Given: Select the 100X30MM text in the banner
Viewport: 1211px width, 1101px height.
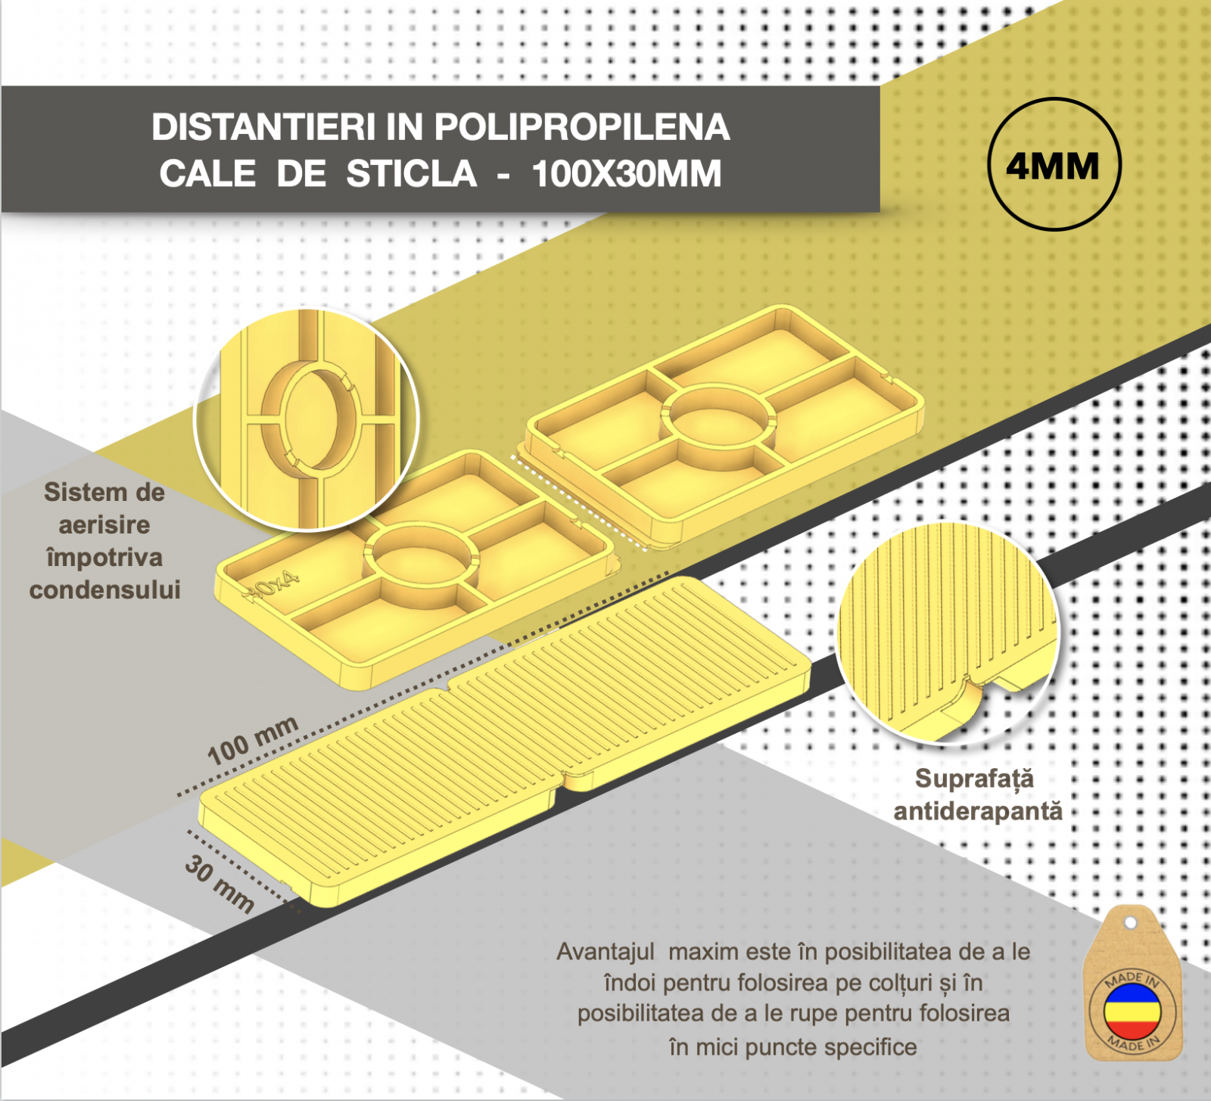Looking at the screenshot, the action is [627, 174].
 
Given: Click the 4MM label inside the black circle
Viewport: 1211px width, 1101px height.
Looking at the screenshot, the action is [1053, 166].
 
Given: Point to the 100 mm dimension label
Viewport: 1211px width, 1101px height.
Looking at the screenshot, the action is [253, 740].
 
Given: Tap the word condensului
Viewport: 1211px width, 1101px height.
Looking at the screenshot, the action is [105, 589].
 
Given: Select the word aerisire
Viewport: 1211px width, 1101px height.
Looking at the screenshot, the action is [104, 524].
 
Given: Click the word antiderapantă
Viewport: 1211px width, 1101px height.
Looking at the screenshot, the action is [978, 811].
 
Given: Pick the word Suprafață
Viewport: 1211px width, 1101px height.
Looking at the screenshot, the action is [974, 779].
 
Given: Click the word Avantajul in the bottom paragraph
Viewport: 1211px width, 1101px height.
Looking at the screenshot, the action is [605, 951].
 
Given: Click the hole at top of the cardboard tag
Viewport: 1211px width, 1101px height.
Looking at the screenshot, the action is [1130, 923].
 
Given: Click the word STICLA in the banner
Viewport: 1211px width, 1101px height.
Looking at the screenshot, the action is [412, 174].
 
